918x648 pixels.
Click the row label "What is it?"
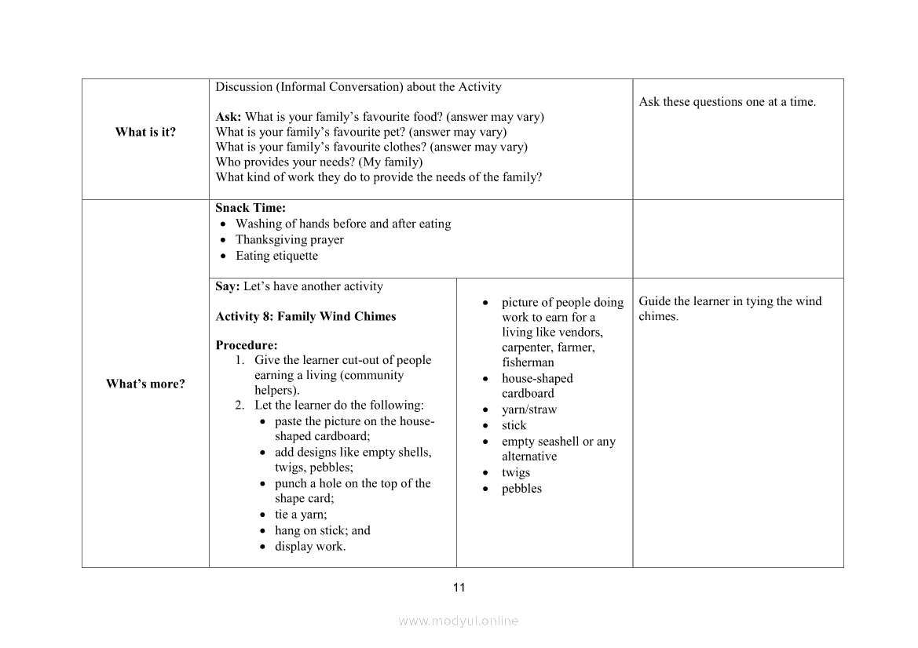point(145,132)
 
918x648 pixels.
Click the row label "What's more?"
point(145,384)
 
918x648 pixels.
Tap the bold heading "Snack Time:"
point(251,208)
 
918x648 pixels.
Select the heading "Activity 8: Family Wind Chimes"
point(305,316)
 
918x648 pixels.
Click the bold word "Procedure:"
point(247,345)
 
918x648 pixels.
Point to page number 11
point(459,587)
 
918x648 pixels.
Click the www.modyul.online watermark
point(459,621)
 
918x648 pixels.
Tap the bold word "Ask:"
point(229,117)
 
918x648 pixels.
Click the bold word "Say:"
point(228,286)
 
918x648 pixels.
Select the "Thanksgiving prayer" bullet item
point(289,240)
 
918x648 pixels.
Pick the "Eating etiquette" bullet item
point(276,256)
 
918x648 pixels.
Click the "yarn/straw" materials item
point(529,410)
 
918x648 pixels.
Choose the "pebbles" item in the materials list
point(521,489)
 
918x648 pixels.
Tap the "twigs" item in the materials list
point(516,472)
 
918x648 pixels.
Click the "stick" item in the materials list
point(514,425)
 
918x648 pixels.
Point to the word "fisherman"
point(528,362)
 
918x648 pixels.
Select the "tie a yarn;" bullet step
point(301,515)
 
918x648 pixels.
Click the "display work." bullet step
point(309,546)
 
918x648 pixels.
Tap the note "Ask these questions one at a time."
point(727,102)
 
